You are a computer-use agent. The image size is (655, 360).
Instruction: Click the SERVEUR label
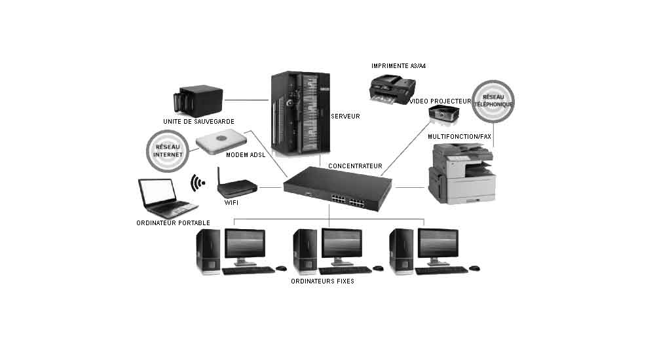(346, 116)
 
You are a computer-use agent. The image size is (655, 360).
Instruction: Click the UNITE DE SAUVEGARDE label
(198, 121)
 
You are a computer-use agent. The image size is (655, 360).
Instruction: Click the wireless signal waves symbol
(195, 183)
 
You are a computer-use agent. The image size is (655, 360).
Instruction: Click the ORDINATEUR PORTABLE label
(173, 223)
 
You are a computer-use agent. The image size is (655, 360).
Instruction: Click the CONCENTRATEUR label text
(354, 166)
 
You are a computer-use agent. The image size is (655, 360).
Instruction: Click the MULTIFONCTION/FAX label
(459, 136)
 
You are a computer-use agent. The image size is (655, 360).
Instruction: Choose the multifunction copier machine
(462, 173)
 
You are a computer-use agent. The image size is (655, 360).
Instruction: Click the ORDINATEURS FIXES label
(322, 281)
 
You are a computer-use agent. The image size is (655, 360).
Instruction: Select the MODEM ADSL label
(246, 155)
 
